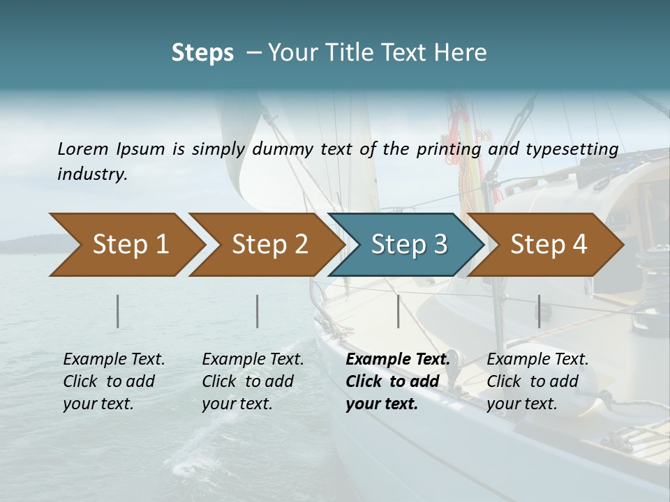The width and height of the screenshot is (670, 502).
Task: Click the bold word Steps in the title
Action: click(202, 53)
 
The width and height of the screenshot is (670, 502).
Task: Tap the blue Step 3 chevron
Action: click(409, 245)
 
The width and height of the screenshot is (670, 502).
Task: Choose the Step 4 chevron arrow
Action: click(549, 245)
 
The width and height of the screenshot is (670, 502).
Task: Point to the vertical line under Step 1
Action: click(118, 311)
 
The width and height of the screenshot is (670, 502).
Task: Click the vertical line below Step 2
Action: click(258, 311)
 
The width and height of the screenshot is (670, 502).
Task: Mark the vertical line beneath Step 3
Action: click(398, 311)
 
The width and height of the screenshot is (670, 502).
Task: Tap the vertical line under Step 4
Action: click(539, 311)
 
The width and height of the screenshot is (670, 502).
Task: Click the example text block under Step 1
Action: click(114, 381)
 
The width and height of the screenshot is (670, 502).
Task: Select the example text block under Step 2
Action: click(253, 381)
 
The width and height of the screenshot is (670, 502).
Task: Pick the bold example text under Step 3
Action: click(397, 381)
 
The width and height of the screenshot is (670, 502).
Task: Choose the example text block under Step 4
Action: click(537, 381)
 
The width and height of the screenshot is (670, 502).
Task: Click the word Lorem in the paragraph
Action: click(83, 149)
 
